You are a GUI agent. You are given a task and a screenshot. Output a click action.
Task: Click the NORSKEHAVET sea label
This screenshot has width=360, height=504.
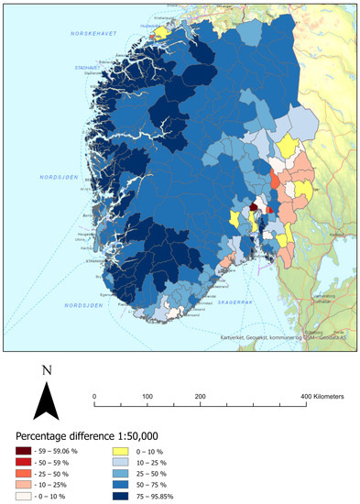click(x=96, y=34)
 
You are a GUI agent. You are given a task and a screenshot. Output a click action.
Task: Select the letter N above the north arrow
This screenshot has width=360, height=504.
click(x=48, y=371)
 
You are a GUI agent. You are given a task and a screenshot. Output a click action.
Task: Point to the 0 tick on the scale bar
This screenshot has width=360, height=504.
click(x=95, y=395)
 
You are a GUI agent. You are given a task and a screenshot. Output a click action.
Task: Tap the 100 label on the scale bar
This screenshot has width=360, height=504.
click(x=147, y=395)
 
